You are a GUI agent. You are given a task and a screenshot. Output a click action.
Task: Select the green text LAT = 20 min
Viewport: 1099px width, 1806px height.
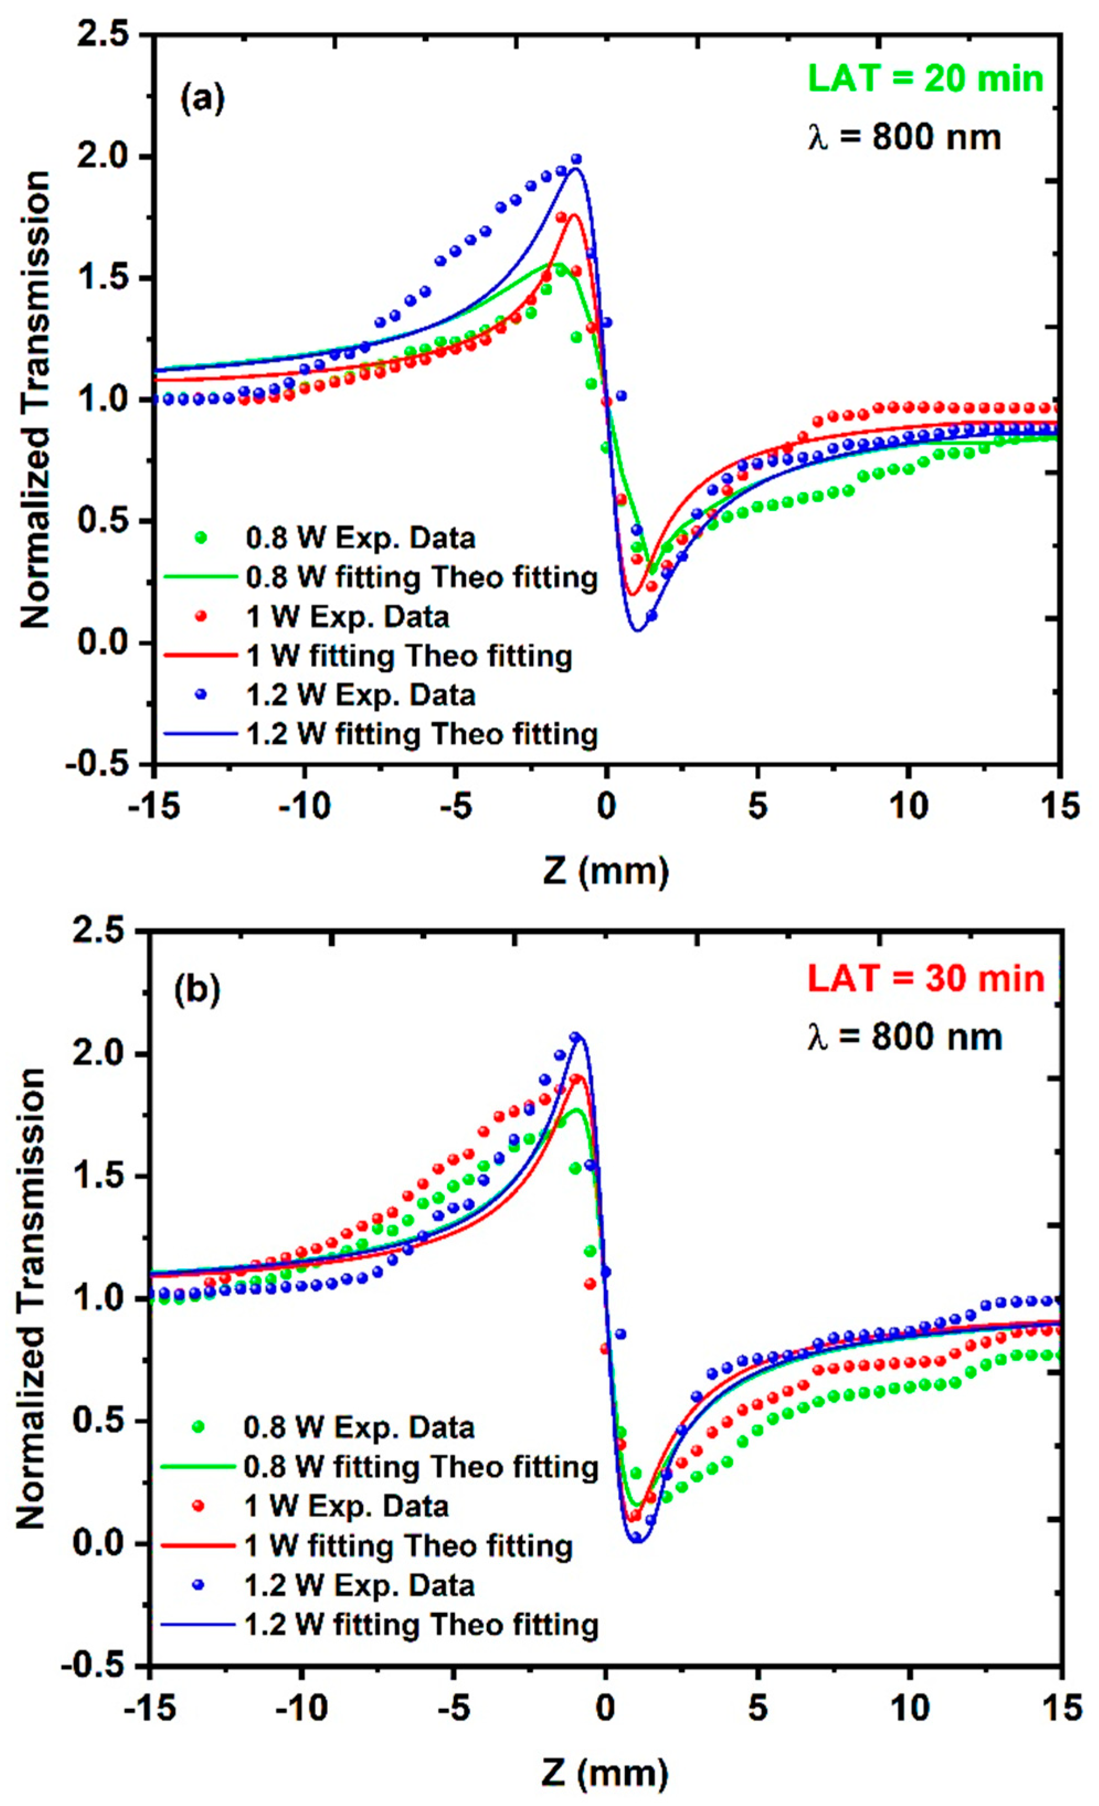coord(925,78)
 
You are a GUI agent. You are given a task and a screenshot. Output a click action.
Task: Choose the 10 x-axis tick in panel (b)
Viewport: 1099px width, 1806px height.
coord(909,1707)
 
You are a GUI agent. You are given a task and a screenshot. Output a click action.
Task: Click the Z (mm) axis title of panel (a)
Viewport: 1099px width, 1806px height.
coord(606,871)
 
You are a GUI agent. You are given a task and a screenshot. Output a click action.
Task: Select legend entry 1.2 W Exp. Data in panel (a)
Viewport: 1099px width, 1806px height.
coord(360,694)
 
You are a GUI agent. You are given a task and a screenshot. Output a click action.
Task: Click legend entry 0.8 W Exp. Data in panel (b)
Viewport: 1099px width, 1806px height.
coord(358,1427)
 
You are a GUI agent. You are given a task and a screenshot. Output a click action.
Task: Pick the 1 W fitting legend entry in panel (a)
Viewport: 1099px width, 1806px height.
coord(408,656)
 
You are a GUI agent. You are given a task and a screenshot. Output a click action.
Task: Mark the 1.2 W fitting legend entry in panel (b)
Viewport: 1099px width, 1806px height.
coord(421,1625)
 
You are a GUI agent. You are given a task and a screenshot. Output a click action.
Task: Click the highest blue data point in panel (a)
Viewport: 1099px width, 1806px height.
coord(576,159)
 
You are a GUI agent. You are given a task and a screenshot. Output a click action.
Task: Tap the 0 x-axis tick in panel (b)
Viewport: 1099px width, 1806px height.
coord(606,1707)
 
